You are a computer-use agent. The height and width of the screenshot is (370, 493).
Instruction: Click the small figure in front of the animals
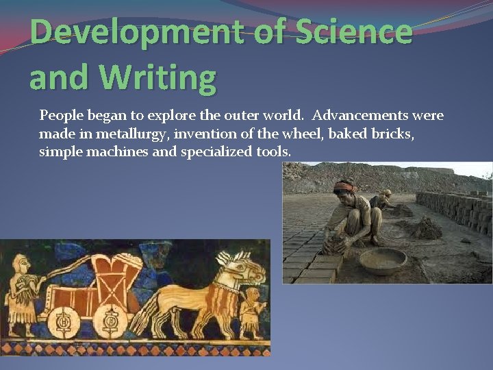pos(254,312)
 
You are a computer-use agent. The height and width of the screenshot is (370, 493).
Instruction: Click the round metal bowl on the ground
pos(382,260)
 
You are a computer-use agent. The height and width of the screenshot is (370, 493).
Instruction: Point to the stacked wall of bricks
pos(455,209)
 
